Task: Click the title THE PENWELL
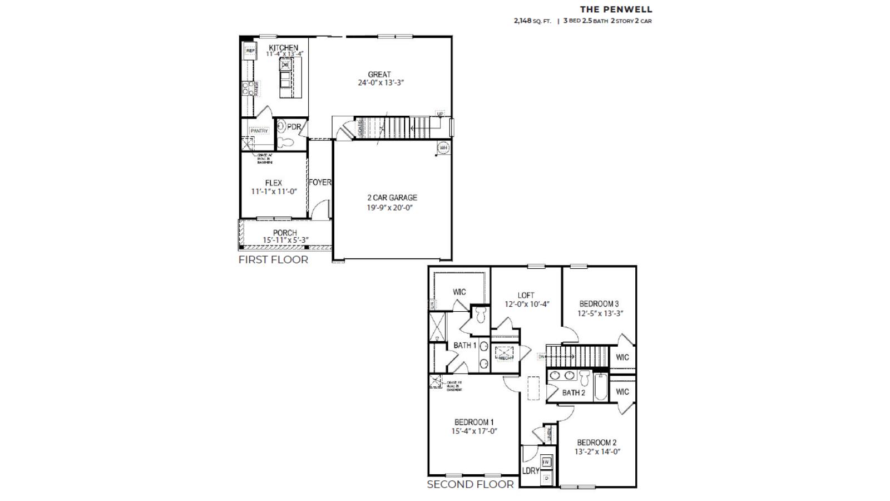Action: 616,9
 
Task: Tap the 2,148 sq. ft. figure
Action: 532,21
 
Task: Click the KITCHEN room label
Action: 283,48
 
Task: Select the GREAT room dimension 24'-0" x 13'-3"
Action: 380,82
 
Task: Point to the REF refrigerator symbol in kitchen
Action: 250,51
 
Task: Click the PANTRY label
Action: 259,131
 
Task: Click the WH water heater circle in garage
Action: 443,148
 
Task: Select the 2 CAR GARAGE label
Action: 392,198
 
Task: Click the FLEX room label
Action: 273,183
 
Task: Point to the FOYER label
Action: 320,182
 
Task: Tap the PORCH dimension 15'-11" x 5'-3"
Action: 286,240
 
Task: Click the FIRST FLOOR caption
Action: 273,259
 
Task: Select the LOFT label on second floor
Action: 526,295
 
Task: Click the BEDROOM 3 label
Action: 599,304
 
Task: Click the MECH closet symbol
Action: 505,353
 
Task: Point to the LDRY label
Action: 531,470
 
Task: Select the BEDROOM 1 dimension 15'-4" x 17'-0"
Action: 474,431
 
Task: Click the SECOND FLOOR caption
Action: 470,484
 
